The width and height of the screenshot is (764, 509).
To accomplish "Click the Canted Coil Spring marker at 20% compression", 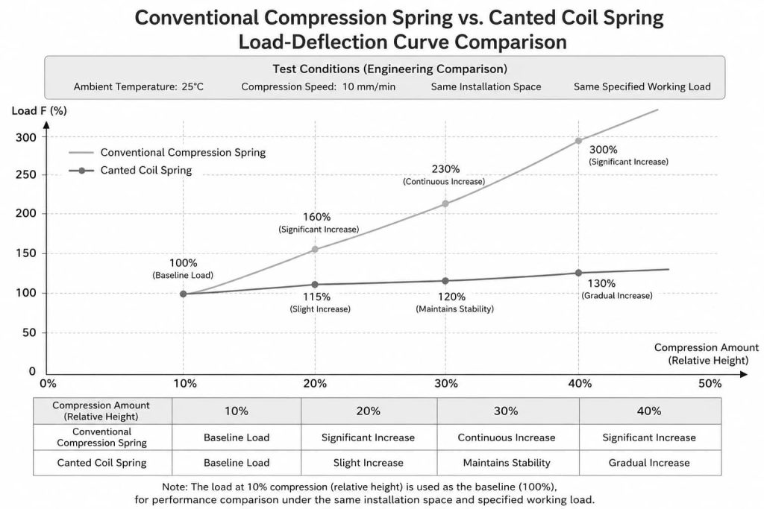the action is click(x=315, y=285).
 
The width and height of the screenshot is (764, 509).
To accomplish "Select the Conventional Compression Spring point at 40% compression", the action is click(x=578, y=141).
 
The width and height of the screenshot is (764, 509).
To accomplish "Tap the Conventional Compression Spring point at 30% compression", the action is click(x=445, y=203).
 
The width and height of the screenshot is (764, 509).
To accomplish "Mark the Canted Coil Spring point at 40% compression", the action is click(x=578, y=273).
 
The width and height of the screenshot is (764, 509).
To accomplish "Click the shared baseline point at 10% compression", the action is click(x=184, y=294).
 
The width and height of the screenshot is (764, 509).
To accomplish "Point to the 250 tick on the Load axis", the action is click(x=26, y=174).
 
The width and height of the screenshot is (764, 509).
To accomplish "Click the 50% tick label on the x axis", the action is click(x=710, y=384).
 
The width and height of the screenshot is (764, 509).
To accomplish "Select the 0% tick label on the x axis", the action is click(x=48, y=384).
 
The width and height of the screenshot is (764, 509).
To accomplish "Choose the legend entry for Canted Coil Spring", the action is click(x=131, y=171).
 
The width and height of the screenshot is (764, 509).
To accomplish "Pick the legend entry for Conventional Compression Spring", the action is click(x=167, y=152).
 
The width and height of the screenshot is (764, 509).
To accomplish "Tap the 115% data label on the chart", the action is click(x=316, y=297).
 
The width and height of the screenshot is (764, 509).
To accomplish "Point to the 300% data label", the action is click(x=603, y=150).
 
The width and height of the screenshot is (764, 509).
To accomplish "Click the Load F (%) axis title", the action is click(x=39, y=111).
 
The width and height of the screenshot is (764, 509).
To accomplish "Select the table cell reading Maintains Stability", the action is click(x=507, y=463).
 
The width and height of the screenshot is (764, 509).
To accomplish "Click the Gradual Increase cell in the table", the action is click(x=649, y=463).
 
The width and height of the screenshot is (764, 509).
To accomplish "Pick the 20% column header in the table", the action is click(x=369, y=411).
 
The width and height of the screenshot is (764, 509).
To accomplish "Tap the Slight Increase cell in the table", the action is click(x=369, y=463).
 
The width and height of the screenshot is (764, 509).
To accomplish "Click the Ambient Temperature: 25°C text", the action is click(x=139, y=87).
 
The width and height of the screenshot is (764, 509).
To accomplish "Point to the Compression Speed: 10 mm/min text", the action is click(x=318, y=87).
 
